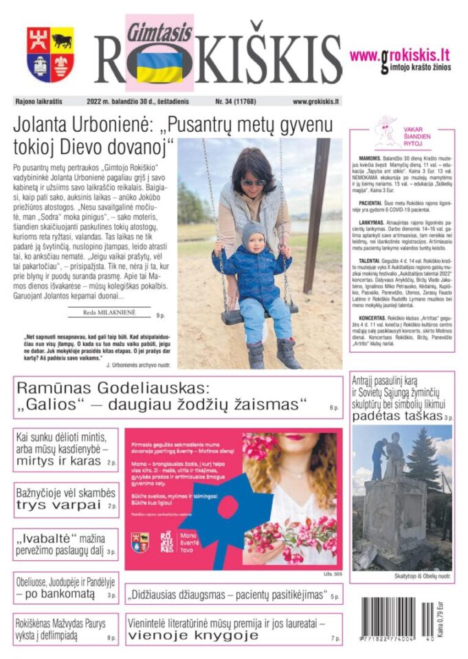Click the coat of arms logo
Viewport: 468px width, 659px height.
pyautogui.click(x=50, y=54)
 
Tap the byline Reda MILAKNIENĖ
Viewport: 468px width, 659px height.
pyautogui.click(x=111, y=312)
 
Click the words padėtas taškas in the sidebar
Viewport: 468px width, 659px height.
pyautogui.click(x=397, y=416)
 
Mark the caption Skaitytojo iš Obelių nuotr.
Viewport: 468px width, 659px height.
pyautogui.click(x=403, y=575)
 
